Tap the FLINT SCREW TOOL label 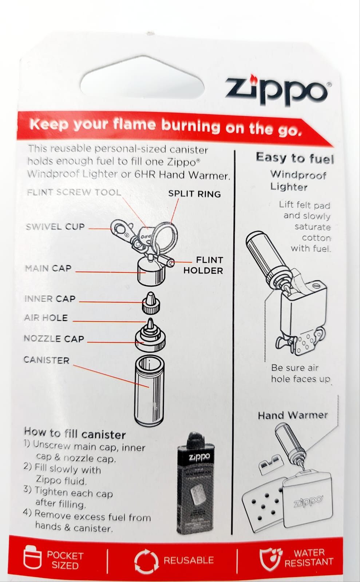[x=74, y=192]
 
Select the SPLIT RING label [x=194, y=194]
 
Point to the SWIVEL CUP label [x=55, y=227]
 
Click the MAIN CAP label [x=48, y=268]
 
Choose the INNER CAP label [x=50, y=299]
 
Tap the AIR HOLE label [x=46, y=318]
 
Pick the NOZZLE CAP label [x=54, y=339]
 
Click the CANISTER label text [x=47, y=360]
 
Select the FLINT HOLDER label [x=203, y=265]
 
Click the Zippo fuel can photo [x=195, y=483]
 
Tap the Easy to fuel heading [x=295, y=158]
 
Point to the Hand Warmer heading [x=293, y=415]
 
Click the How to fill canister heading [x=75, y=433]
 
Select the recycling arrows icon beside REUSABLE [x=146, y=561]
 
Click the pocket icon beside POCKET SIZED [x=32, y=559]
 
